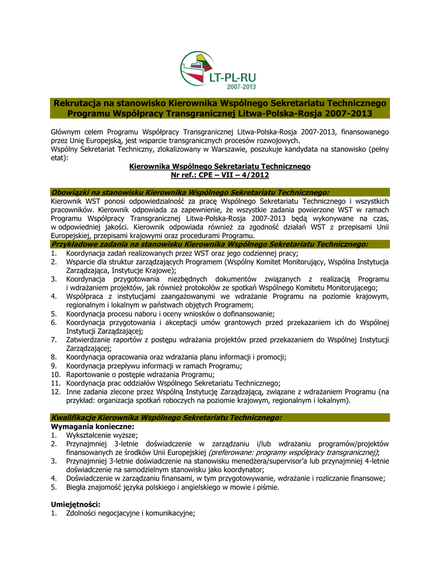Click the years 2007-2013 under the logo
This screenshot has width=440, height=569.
click(x=241, y=87)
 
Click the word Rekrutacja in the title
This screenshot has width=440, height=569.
click(x=80, y=103)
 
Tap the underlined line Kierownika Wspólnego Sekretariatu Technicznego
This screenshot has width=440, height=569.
click(x=219, y=167)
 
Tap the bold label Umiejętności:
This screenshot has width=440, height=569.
click(x=75, y=504)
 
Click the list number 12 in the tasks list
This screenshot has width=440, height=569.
click(x=55, y=392)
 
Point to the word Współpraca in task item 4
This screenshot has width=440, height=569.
click(x=86, y=296)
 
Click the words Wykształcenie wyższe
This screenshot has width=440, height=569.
click(x=101, y=435)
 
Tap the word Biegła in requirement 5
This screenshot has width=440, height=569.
click(x=77, y=487)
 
